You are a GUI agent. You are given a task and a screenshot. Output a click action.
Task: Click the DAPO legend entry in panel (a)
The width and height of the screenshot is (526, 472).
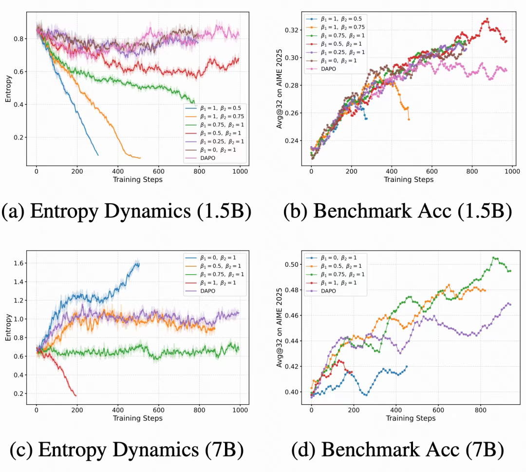(207, 158)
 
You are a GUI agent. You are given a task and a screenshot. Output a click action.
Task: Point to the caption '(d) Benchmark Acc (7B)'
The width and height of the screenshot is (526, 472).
(397, 450)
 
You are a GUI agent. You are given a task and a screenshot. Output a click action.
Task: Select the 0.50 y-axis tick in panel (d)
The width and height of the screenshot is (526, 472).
(293, 265)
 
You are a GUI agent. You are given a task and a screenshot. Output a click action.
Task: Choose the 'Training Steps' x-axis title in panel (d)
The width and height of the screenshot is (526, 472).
(411, 418)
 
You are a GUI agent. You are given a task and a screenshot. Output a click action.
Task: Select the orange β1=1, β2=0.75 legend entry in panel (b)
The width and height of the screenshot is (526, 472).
(336, 27)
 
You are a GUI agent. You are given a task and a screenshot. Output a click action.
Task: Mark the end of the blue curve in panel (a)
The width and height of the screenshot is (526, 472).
(98, 155)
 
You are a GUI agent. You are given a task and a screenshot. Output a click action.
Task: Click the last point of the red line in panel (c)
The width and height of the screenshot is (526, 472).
(76, 395)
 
